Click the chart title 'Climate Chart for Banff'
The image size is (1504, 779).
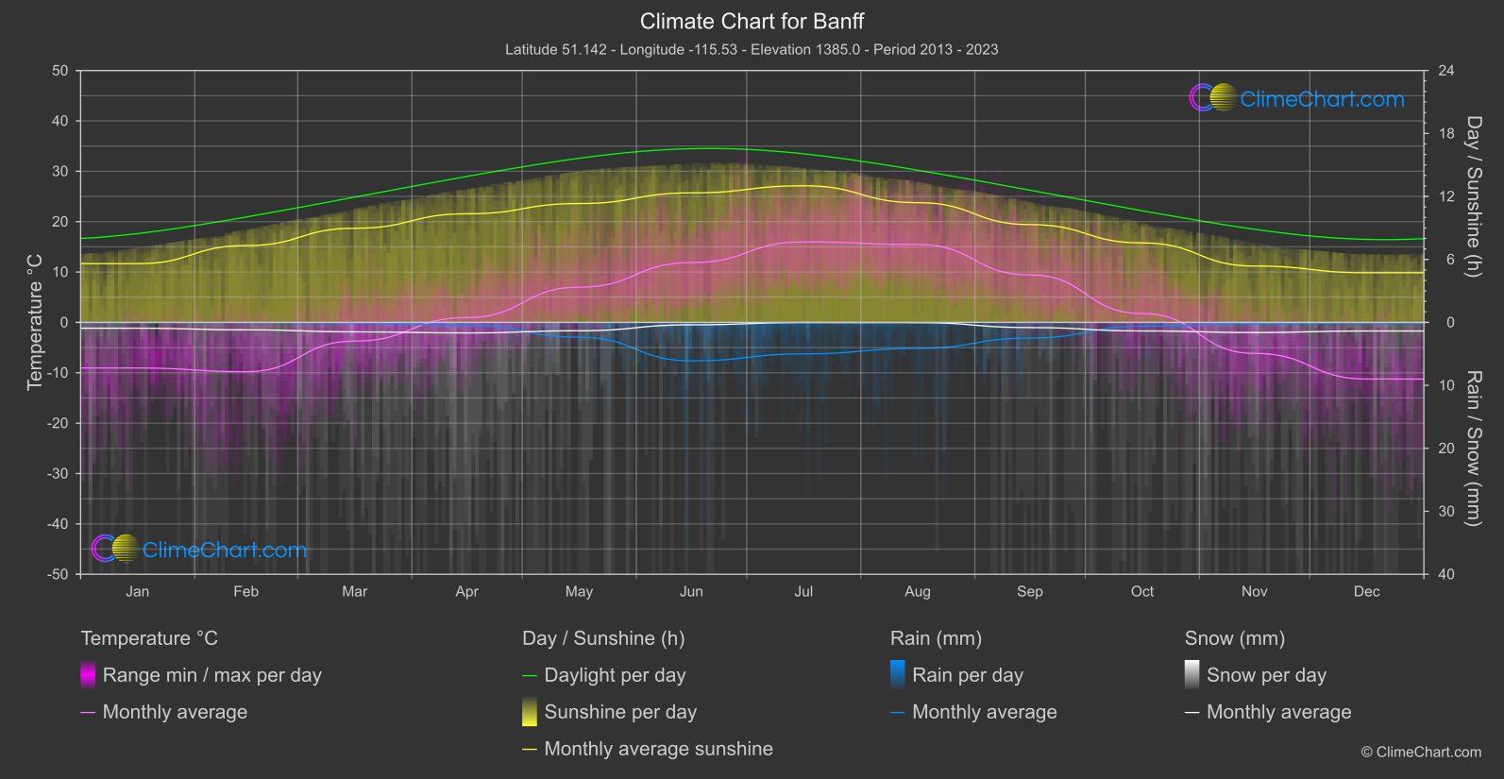tap(752, 21)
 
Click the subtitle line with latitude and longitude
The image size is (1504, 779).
tap(752, 49)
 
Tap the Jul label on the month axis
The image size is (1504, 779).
tap(803, 591)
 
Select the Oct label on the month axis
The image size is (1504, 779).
tap(1142, 591)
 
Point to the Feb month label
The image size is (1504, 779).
tap(245, 591)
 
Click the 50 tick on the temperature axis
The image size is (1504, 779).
tap(60, 71)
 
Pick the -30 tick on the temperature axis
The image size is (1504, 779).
tap(58, 473)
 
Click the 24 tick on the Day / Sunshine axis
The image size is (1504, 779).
tap(1445, 71)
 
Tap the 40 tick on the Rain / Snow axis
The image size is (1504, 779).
tap(1445, 574)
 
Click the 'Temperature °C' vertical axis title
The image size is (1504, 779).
tap(35, 322)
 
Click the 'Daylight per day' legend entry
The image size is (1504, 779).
tap(615, 675)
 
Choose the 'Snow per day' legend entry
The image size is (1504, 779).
tap(1266, 675)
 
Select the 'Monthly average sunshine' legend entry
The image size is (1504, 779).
tap(658, 749)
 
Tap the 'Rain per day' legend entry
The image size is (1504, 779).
tap(967, 675)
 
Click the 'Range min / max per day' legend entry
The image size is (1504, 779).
tap(211, 675)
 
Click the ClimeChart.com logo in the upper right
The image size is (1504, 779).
tap(1297, 98)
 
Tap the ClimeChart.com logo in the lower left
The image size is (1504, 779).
tap(199, 550)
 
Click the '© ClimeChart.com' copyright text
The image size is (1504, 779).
tap(1421, 753)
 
